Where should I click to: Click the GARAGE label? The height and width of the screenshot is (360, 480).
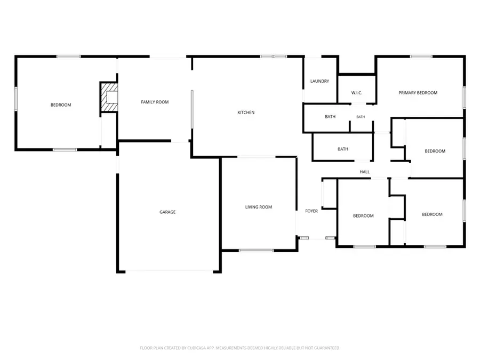[x=167, y=212]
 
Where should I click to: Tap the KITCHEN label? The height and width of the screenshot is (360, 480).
[x=246, y=113]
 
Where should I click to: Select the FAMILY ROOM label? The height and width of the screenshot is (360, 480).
[x=155, y=102]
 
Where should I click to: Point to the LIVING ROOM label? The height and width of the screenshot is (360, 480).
[x=258, y=207]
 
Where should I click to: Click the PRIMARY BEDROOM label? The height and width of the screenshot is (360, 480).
[x=418, y=93]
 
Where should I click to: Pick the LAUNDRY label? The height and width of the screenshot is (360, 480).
[x=319, y=81]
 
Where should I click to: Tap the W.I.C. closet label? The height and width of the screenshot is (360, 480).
[x=357, y=93]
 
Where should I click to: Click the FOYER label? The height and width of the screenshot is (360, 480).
[x=311, y=211]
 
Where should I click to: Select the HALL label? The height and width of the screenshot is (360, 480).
[x=365, y=172]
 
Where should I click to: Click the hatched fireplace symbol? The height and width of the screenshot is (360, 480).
[x=109, y=97]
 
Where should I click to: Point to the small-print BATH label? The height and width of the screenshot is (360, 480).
[x=361, y=117]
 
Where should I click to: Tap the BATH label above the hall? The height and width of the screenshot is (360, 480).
[x=343, y=149]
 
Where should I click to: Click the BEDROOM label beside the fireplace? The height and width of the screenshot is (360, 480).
[x=61, y=105]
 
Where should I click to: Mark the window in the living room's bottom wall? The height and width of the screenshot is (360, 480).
[x=256, y=251]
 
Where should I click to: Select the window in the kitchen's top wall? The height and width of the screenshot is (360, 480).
[x=274, y=57]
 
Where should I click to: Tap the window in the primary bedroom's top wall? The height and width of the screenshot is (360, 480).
[x=421, y=57]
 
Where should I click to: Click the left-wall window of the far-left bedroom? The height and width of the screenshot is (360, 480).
[x=16, y=99]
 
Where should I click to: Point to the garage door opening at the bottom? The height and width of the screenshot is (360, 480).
[x=169, y=271]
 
